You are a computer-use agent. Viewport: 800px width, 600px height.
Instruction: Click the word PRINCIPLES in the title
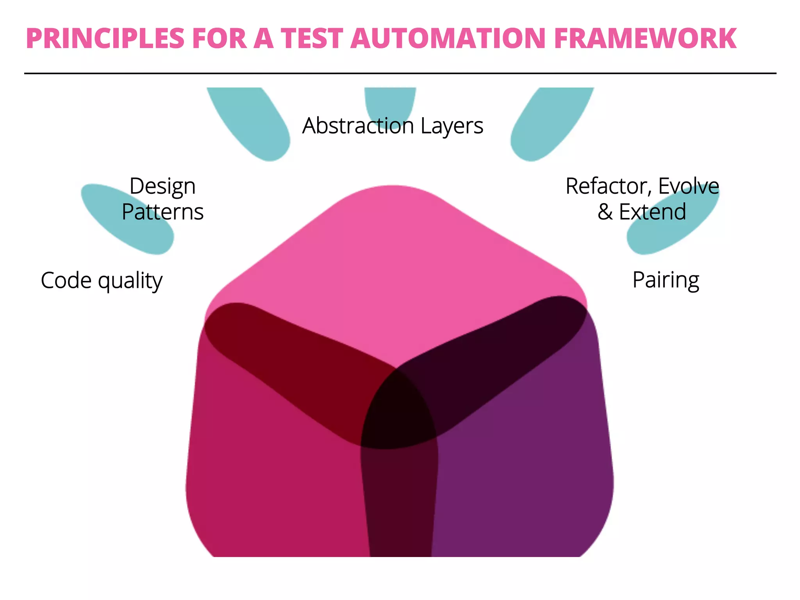(105, 39)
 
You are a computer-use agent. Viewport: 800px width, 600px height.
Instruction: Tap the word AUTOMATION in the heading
(448, 39)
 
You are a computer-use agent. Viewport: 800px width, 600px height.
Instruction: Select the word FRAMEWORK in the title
(645, 39)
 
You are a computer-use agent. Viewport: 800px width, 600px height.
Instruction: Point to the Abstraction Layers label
(393, 126)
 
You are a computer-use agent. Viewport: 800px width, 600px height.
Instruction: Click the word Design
(162, 186)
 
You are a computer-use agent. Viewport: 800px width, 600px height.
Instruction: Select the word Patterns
(162, 212)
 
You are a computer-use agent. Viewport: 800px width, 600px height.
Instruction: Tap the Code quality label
(102, 280)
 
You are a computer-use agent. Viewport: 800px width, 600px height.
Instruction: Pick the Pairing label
(666, 280)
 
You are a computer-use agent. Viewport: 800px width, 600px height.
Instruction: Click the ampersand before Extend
(605, 212)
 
